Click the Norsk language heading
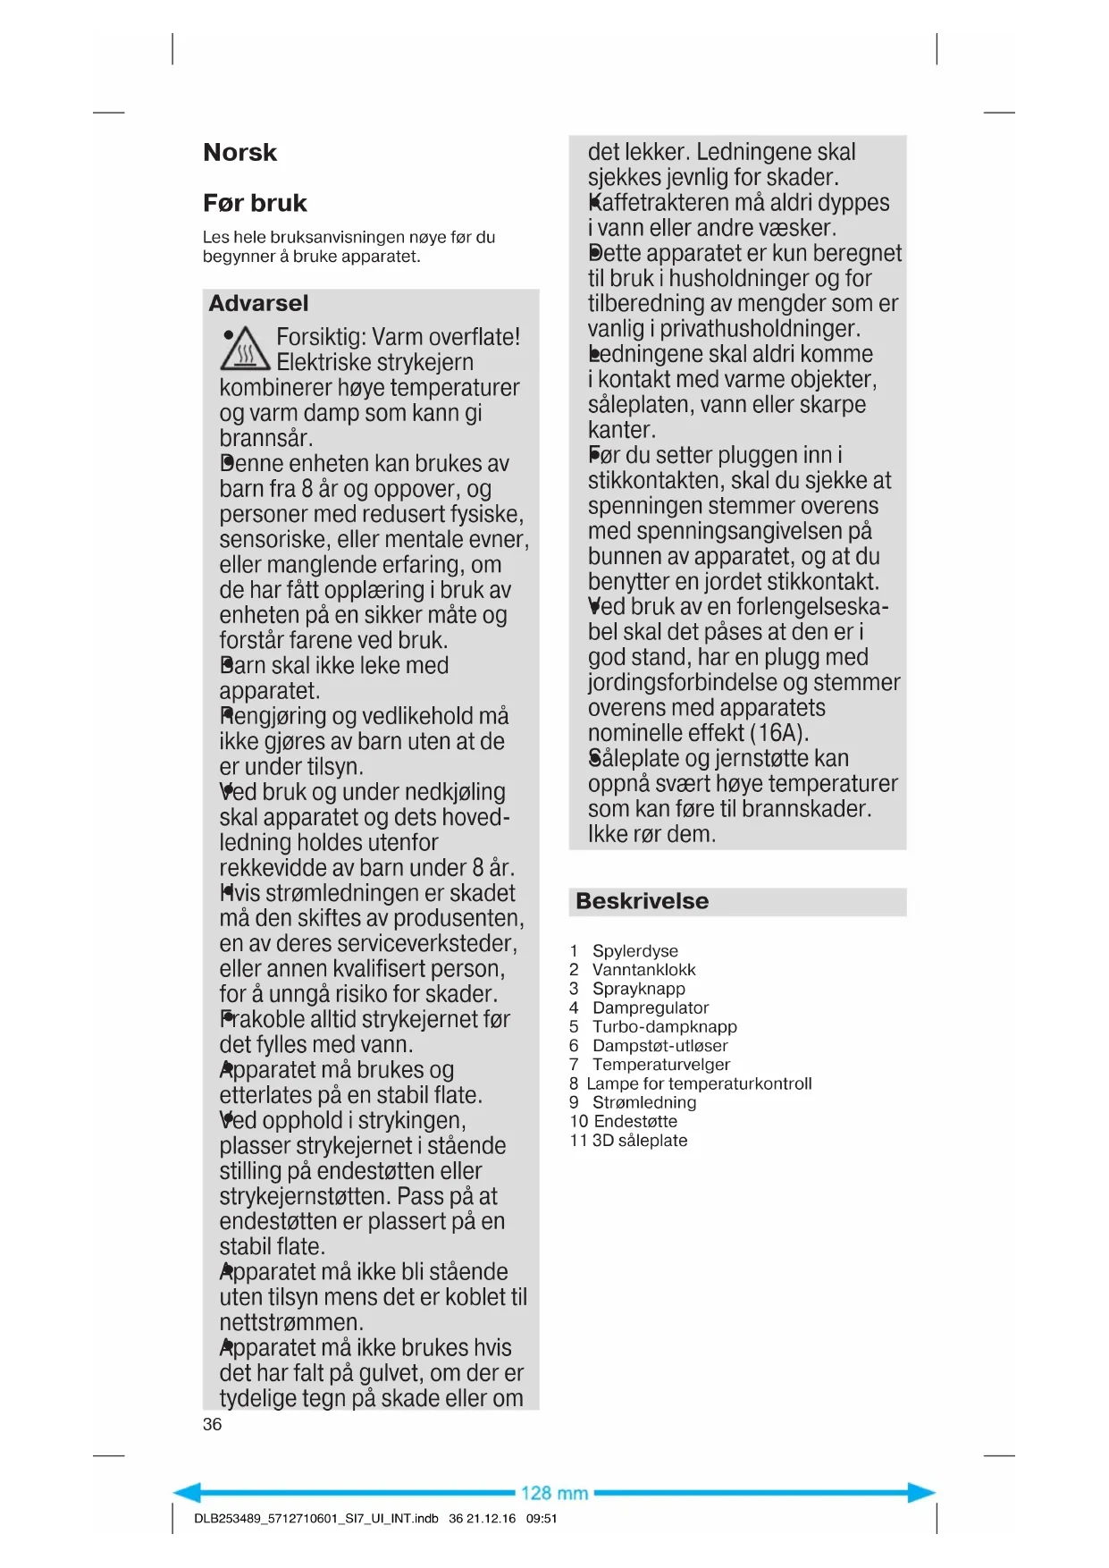[239, 153]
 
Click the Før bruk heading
[255, 204]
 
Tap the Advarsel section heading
[258, 303]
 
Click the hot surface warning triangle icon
[244, 350]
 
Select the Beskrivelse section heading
[642, 901]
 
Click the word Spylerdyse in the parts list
[634, 951]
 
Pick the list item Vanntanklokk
[643, 970]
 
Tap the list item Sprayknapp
[638, 989]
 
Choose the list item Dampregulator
[650, 1007]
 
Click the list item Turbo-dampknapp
[664, 1027]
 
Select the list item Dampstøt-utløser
[660, 1046]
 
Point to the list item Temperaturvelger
[660, 1065]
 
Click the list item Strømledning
[643, 1102]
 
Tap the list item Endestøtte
[635, 1122]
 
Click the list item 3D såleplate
[640, 1141]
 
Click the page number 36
[212, 1424]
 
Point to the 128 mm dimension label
[554, 1493]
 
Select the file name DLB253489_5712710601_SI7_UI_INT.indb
[315, 1518]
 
